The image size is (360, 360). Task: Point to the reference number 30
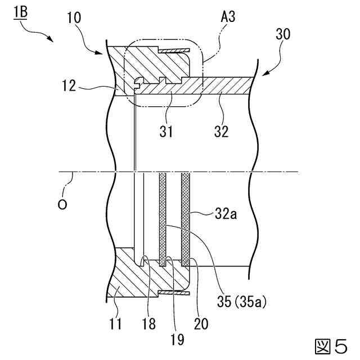click(283, 34)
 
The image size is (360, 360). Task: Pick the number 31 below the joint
click(166, 132)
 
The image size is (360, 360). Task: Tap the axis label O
click(63, 204)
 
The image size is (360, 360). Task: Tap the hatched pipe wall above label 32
click(225, 85)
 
